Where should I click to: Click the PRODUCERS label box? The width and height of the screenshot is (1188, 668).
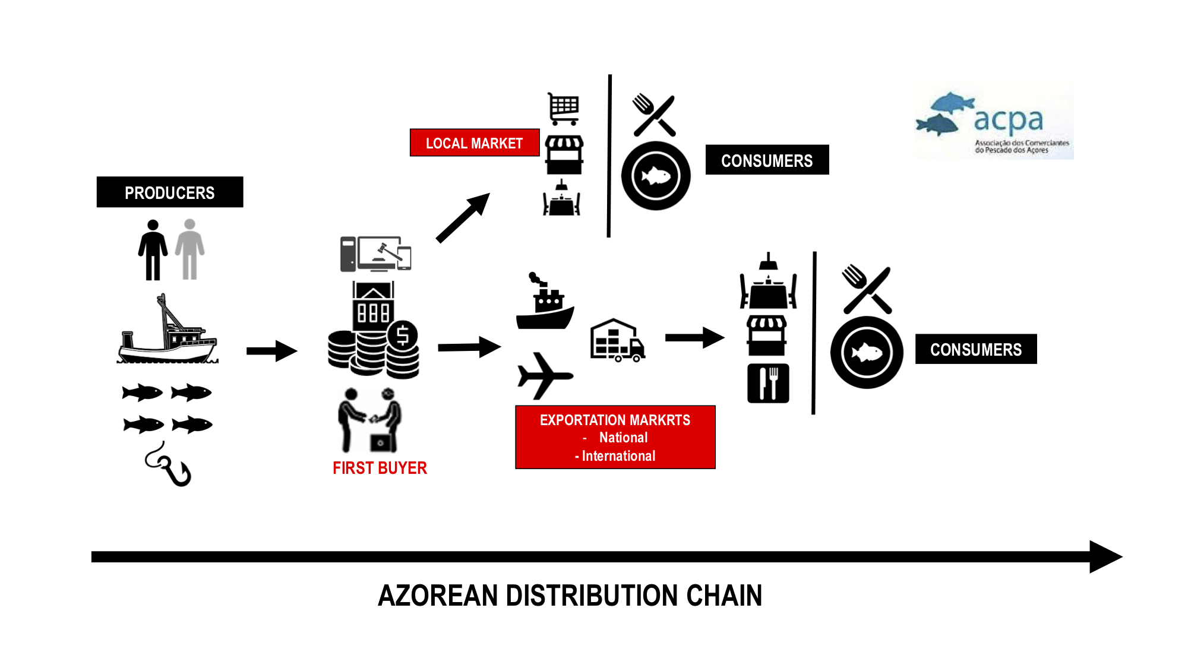[170, 192]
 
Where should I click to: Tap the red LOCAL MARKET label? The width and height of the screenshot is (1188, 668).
[474, 143]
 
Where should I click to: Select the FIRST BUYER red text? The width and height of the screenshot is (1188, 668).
[380, 468]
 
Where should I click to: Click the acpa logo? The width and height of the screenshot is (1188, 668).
[994, 124]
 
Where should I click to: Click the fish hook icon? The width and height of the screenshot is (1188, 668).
[169, 465]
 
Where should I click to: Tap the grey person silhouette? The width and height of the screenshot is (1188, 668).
[189, 249]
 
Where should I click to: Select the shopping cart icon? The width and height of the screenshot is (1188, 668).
[563, 109]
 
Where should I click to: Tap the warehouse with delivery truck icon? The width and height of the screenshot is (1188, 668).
[617, 341]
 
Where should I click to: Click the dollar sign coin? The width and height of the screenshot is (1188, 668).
[403, 335]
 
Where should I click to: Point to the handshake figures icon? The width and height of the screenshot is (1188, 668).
[369, 420]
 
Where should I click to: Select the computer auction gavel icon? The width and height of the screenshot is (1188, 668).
[375, 254]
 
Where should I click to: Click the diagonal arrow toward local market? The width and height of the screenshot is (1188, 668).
[463, 218]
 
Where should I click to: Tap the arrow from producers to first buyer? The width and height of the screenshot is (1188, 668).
[271, 351]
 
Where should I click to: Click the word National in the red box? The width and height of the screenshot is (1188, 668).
[623, 438]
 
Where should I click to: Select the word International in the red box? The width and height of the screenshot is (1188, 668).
[618, 456]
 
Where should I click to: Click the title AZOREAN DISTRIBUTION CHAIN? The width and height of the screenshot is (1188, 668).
[570, 596]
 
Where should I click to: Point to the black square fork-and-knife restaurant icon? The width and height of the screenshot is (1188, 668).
[768, 384]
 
